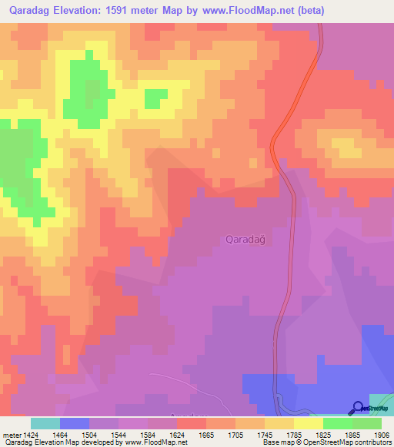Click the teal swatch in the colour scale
click(45, 423)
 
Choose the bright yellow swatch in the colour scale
click(308, 423)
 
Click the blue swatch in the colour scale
click(75, 423)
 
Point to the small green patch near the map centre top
click(155, 98)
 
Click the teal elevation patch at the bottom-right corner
click(381, 402)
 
